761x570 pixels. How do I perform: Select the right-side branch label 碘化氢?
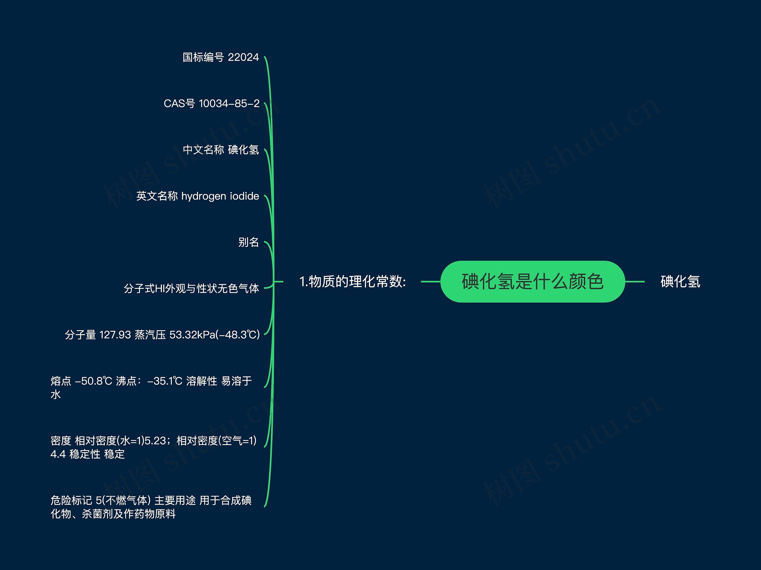(x=680, y=281)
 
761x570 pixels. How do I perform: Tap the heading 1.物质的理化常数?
(x=353, y=281)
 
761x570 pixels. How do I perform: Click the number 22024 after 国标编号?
(x=243, y=57)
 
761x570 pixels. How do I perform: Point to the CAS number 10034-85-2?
(x=229, y=104)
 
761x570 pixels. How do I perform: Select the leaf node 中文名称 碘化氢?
(x=221, y=150)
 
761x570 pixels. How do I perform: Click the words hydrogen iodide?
(x=220, y=196)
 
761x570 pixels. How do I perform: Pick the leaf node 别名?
(x=249, y=242)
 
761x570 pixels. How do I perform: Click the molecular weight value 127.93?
(x=115, y=335)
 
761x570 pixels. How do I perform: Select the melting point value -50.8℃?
(x=94, y=381)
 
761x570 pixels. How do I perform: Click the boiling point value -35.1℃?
(x=164, y=381)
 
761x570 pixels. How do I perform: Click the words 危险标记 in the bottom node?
(x=71, y=500)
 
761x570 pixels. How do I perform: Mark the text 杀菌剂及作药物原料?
(x=129, y=514)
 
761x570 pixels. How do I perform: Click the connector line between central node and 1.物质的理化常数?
(x=430, y=281)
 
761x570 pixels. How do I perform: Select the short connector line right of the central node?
(x=635, y=281)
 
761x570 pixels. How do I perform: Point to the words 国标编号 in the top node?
(x=203, y=57)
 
